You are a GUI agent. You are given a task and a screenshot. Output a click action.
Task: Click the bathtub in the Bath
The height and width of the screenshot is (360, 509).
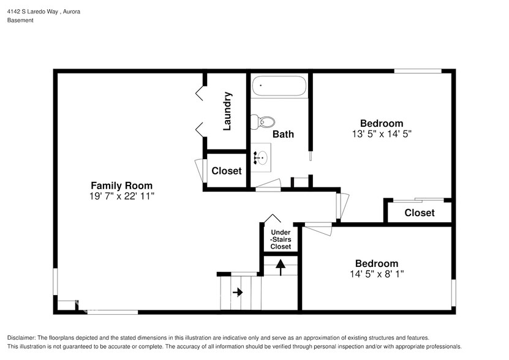pyautogui.click(x=279, y=86)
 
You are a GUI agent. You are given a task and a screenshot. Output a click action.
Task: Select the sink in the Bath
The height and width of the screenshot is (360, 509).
pyautogui.click(x=261, y=158)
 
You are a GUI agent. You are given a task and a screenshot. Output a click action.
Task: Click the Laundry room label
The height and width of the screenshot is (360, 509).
pyautogui.click(x=227, y=111)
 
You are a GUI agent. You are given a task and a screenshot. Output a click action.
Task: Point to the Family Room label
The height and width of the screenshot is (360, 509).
pyautogui.click(x=121, y=186)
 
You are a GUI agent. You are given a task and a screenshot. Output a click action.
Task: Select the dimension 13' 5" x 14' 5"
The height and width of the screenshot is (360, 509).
pyautogui.click(x=381, y=133)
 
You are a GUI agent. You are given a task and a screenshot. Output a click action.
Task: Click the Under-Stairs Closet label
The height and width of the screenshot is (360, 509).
pyautogui.click(x=281, y=239)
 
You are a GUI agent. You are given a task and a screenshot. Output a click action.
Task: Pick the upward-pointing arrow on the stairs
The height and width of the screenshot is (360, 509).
pyautogui.click(x=281, y=266)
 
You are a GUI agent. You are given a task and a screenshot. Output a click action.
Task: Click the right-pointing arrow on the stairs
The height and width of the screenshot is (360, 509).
pyautogui.click(x=237, y=293)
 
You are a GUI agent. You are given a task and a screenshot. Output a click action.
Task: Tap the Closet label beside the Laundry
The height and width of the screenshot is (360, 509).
pyautogui.click(x=227, y=171)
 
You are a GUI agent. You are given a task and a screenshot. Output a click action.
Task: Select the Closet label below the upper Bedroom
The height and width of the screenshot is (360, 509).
pyautogui.click(x=420, y=212)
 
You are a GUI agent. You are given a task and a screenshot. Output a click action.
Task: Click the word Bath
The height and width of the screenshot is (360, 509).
pyautogui.click(x=283, y=133)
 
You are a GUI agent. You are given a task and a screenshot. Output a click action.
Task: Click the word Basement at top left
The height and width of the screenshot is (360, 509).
pyautogui.click(x=20, y=20)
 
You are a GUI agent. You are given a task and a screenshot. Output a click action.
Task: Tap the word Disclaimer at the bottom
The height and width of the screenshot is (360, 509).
pyautogui.click(x=21, y=338)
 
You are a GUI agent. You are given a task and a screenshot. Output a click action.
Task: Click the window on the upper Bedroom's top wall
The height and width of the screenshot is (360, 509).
pyautogui.click(x=417, y=72)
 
